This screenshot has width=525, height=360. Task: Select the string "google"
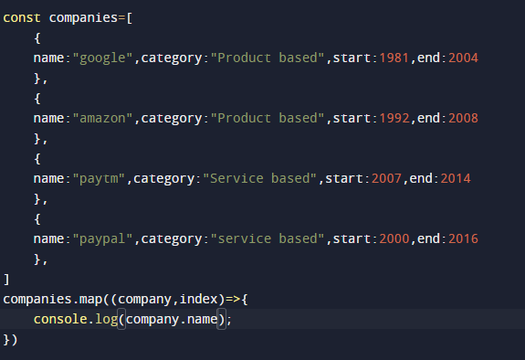[102, 59]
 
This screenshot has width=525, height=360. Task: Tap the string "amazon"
[102, 119]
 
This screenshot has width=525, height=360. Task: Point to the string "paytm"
[99, 179]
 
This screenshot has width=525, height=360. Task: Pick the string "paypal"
[102, 238]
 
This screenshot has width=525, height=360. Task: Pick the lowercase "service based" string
[265, 238]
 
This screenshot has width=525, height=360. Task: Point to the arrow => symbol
[232, 299]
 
